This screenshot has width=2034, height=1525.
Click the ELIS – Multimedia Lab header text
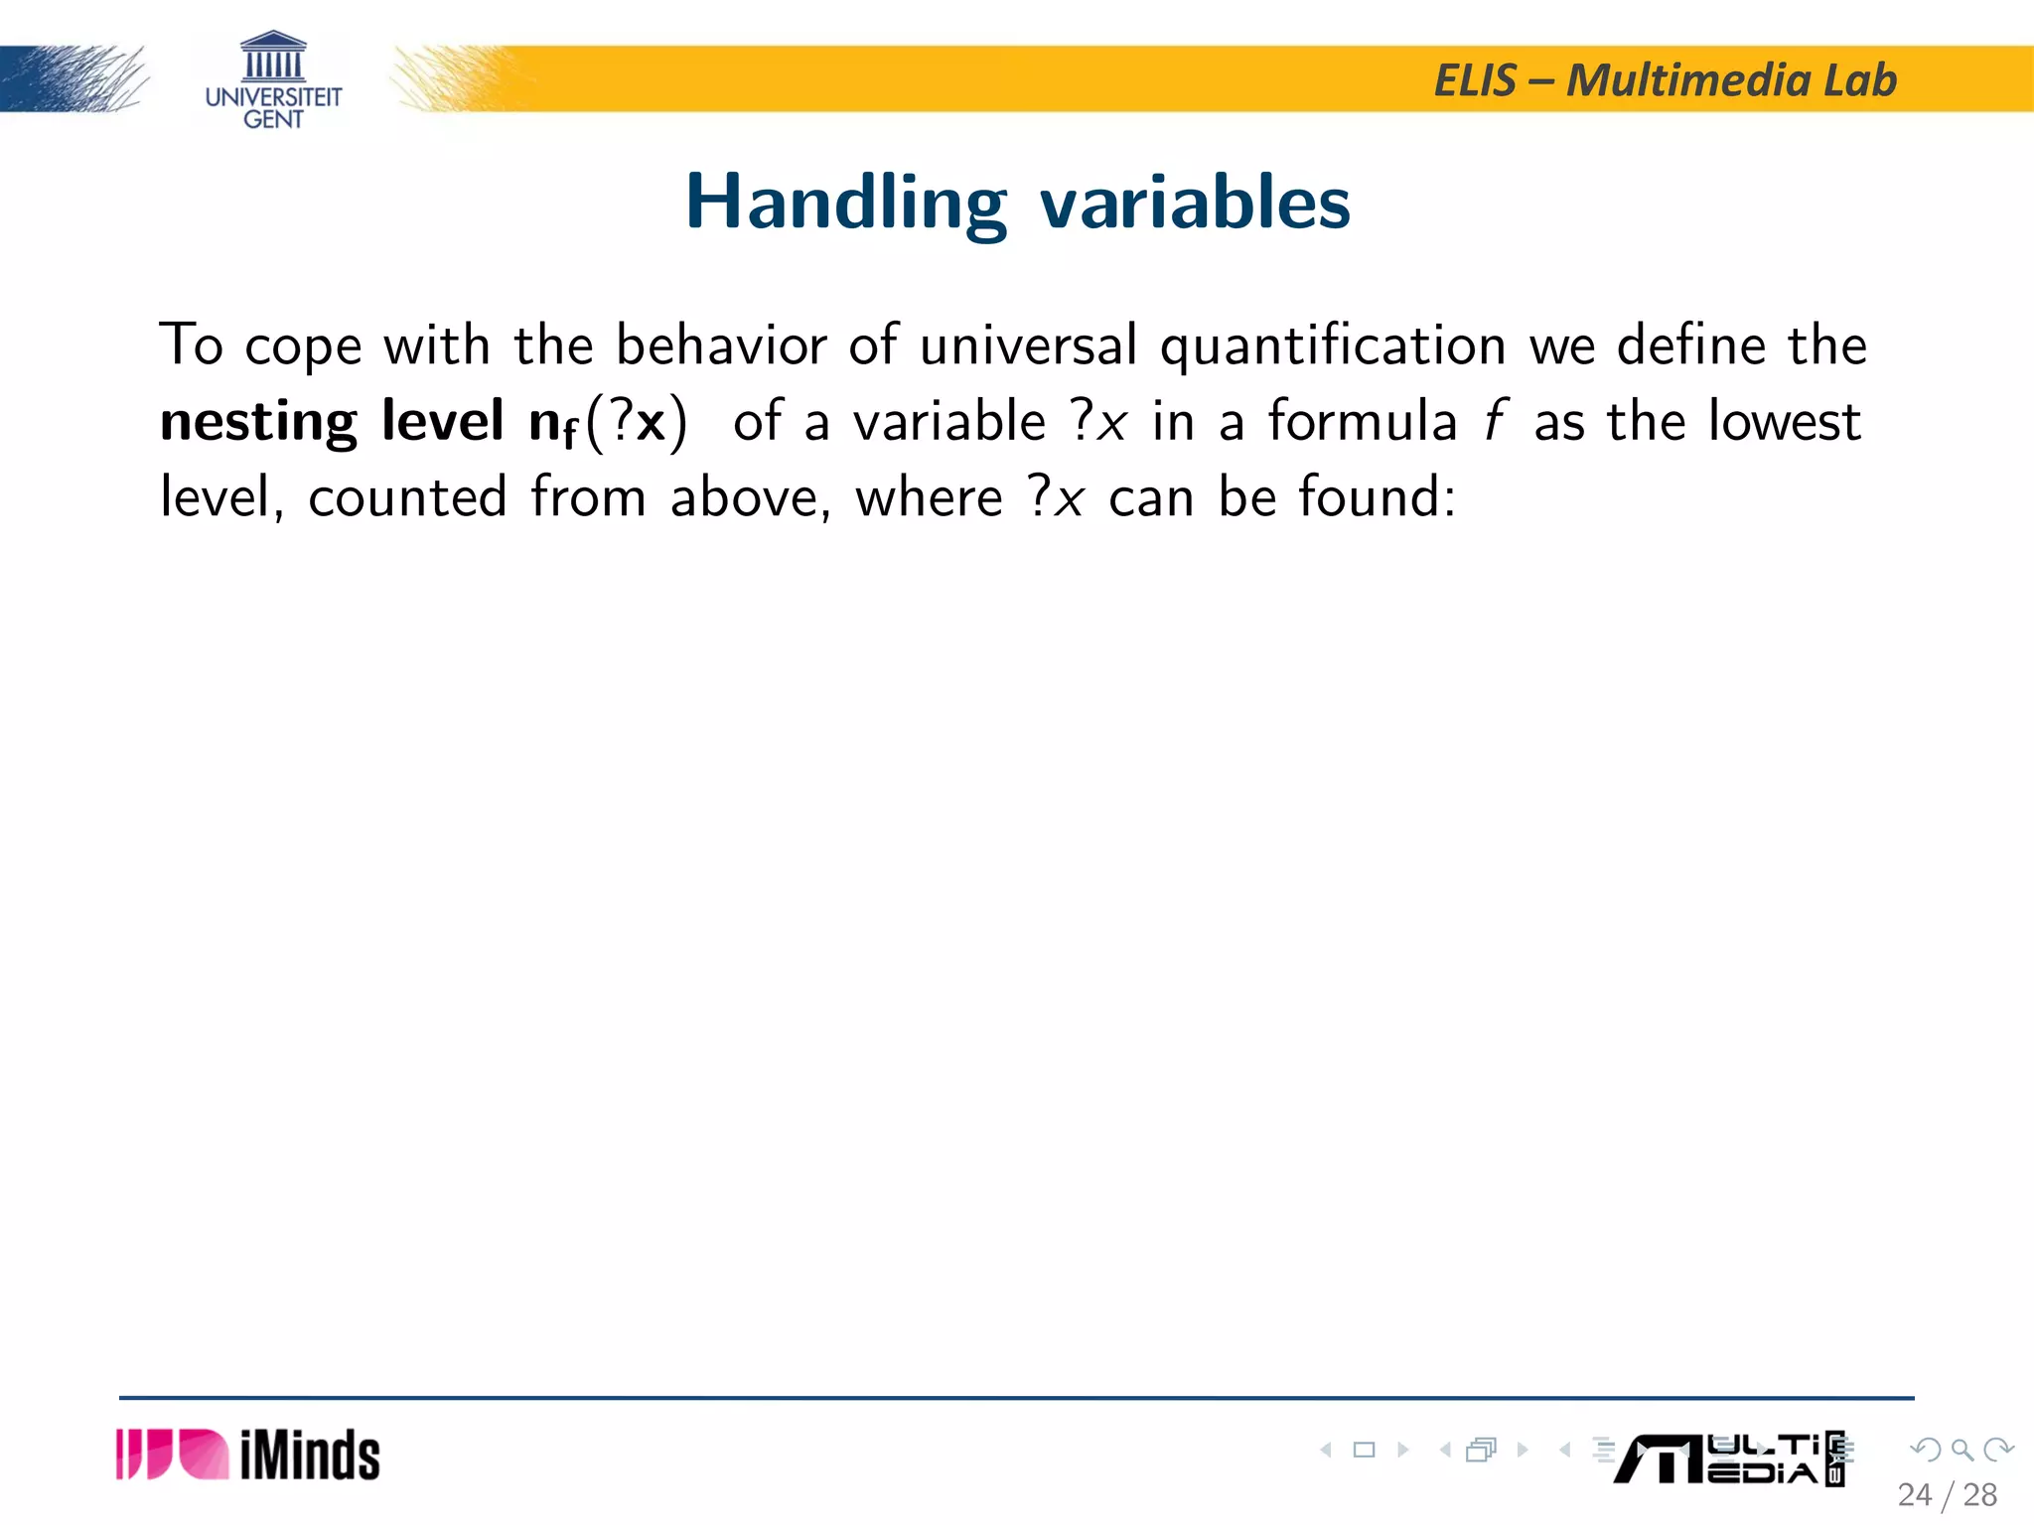click(x=1665, y=80)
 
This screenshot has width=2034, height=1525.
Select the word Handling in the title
click(x=846, y=204)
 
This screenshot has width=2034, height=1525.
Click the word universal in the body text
click(x=1028, y=346)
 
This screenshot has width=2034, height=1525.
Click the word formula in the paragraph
click(x=1362, y=421)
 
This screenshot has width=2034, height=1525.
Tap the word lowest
click(x=1784, y=421)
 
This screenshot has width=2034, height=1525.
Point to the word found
click(x=1376, y=496)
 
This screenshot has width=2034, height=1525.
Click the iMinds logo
click(x=248, y=1456)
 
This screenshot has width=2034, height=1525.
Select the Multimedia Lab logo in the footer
click(x=1728, y=1458)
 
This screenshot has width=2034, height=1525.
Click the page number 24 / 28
click(x=1947, y=1495)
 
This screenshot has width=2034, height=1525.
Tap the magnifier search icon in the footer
click(x=1961, y=1450)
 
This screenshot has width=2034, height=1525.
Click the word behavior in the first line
click(x=721, y=346)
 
